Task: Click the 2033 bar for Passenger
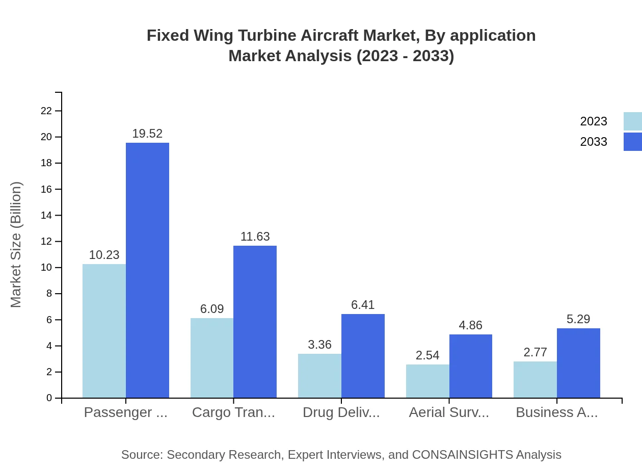coord(147,270)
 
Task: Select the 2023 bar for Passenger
coord(104,331)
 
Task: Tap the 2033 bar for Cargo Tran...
coord(255,322)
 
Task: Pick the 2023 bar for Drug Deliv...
coord(319,376)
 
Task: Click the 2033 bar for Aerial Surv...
coord(471,366)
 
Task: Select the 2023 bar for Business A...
coord(535,380)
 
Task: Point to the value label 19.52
coord(147,134)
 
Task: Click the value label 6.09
coord(212,309)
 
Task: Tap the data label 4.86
coord(470,325)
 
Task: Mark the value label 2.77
coord(535,352)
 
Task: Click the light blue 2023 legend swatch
coord(632,121)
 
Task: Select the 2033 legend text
coord(594,142)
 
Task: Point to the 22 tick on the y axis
coord(46,111)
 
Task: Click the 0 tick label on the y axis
coord(49,398)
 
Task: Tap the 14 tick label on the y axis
coord(46,215)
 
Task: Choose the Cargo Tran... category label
coord(233,412)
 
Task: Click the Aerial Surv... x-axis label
coord(449,412)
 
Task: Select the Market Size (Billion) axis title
coord(16,245)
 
